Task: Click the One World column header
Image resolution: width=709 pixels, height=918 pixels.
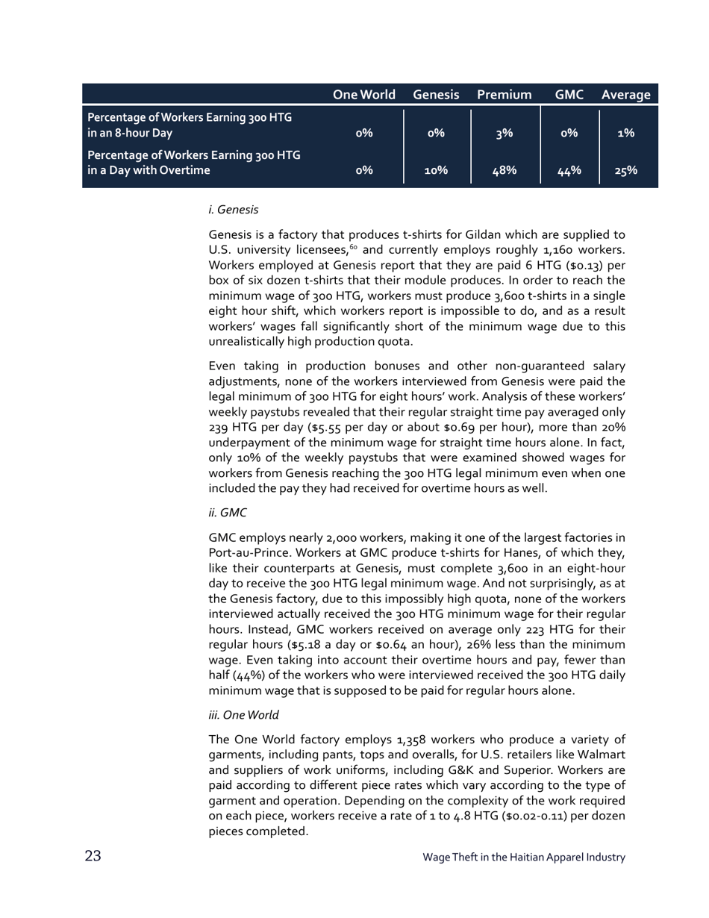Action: pyautogui.click(x=363, y=95)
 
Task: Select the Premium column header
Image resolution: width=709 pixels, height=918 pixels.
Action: pyautogui.click(x=504, y=95)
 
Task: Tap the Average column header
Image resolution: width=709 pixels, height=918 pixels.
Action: pyautogui.click(x=625, y=95)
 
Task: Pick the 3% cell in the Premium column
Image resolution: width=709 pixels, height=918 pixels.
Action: pyautogui.click(x=505, y=134)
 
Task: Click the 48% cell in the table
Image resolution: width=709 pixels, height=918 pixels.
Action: pyautogui.click(x=505, y=171)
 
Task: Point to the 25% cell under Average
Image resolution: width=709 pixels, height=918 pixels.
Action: pyautogui.click(x=625, y=171)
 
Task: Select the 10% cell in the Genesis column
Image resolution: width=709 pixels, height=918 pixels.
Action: pyautogui.click(x=436, y=171)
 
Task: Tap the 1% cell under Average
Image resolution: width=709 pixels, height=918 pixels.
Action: pyautogui.click(x=625, y=134)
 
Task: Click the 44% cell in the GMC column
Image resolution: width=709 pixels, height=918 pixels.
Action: pyautogui.click(x=569, y=171)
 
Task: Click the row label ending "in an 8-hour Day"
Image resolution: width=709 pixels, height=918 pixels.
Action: pyautogui.click(x=190, y=125)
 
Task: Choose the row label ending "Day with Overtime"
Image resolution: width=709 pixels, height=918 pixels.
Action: pyautogui.click(x=194, y=163)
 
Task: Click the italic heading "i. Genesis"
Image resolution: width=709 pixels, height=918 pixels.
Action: pyautogui.click(x=233, y=210)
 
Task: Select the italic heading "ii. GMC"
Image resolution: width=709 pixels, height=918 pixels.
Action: pyautogui.click(x=228, y=513)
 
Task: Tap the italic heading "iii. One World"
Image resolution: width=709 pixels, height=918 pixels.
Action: pyautogui.click(x=243, y=715)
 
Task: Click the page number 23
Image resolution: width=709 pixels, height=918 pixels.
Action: pyautogui.click(x=93, y=856)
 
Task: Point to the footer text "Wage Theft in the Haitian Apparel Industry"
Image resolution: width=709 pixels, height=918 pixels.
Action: pyautogui.click(x=523, y=858)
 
